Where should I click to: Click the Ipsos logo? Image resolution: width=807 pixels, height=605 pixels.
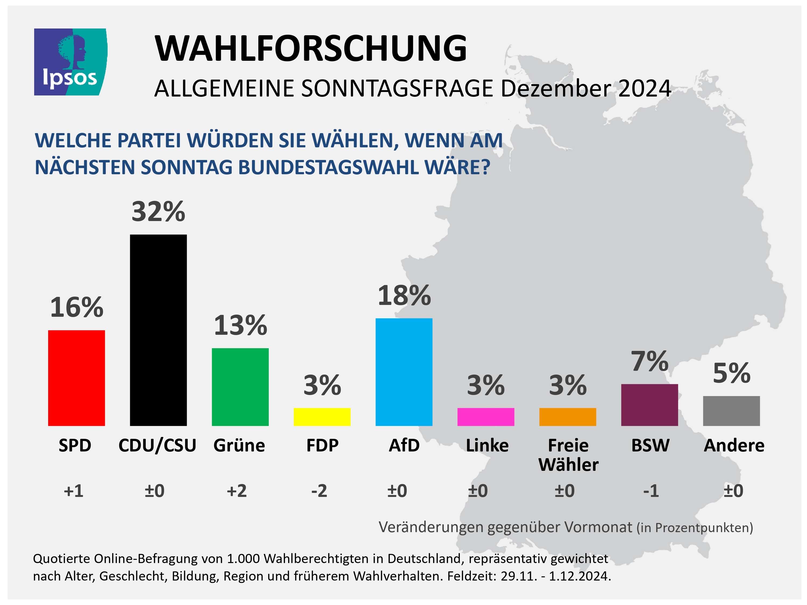tap(70, 62)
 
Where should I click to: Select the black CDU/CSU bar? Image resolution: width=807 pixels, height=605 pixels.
tap(158, 330)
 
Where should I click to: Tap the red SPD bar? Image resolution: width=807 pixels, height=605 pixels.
tap(77, 378)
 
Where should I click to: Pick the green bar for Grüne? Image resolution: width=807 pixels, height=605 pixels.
tap(240, 387)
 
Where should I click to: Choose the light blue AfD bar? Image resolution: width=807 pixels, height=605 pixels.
tap(404, 372)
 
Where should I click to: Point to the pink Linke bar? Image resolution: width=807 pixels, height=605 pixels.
tap(486, 417)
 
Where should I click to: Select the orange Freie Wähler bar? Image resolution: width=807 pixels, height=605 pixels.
tap(568, 417)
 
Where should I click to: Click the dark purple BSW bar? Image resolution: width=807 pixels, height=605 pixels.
tap(649, 405)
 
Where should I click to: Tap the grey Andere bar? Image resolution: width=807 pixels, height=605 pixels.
tap(731, 411)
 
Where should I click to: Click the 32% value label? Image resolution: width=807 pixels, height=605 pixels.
tap(158, 212)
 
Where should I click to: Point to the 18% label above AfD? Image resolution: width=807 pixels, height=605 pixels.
tap(404, 296)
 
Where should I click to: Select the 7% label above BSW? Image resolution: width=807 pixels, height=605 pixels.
tap(649, 361)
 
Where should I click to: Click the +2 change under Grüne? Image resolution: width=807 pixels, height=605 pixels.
tap(237, 491)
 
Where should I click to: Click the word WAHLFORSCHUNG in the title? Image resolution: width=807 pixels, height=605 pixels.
tap(310, 48)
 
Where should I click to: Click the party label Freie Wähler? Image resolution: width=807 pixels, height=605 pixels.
tap(568, 455)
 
